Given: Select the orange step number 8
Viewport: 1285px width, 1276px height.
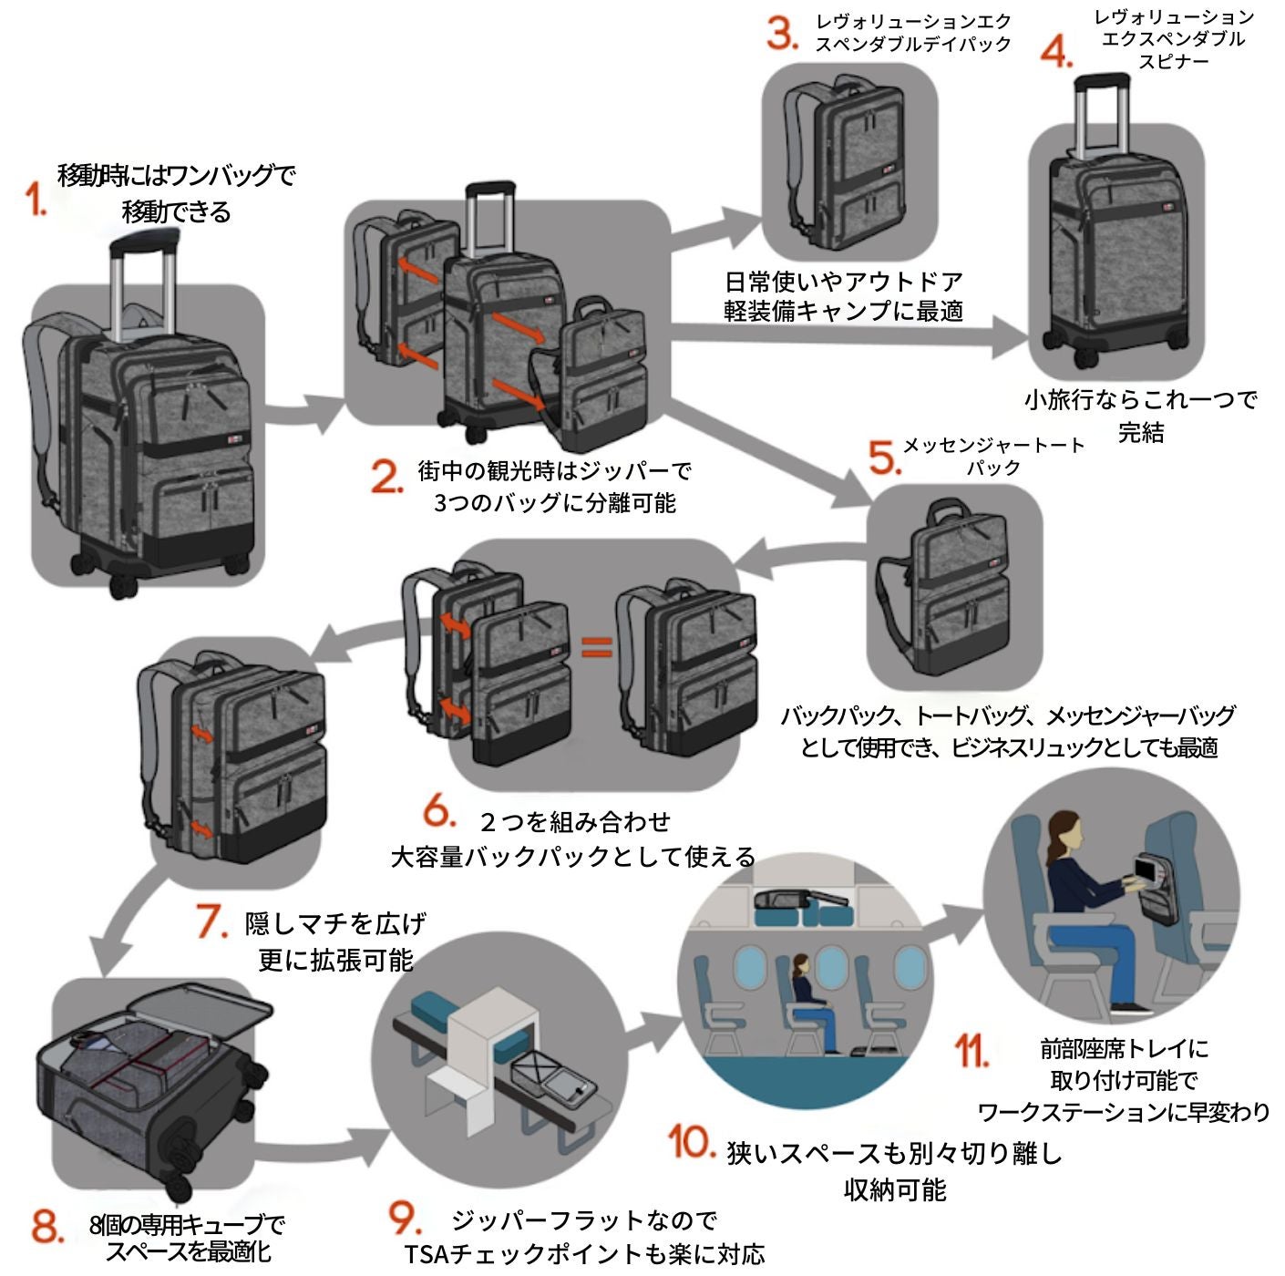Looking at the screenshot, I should (46, 1226).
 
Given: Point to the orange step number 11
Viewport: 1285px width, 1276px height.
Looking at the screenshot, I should (971, 1051).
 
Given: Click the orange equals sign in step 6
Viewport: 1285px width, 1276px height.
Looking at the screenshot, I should (596, 647).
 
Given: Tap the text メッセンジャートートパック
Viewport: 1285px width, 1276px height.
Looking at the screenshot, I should (992, 456).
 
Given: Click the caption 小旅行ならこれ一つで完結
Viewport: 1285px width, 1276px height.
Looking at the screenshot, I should (1140, 415).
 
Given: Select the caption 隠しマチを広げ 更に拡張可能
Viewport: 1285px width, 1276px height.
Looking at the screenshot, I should (335, 942).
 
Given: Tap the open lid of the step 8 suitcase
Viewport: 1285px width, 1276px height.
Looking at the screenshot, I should (200, 1010).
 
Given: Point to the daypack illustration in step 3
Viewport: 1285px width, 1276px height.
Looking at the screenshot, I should (848, 159).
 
